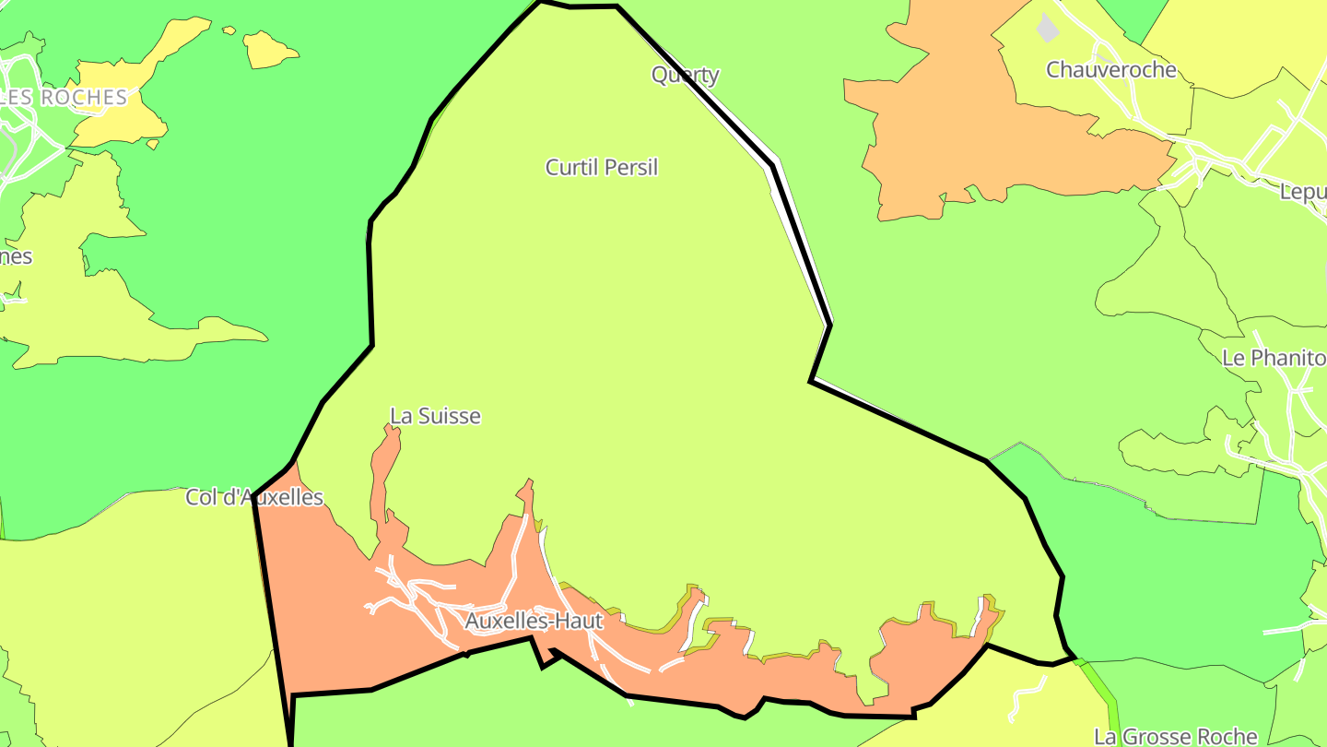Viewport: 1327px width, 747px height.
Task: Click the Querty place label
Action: tap(685, 75)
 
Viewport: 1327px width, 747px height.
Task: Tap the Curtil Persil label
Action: tap(602, 167)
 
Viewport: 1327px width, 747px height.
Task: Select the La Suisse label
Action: tap(435, 416)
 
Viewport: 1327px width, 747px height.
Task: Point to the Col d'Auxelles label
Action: tap(254, 497)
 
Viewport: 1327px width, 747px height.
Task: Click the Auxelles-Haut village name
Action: tap(534, 621)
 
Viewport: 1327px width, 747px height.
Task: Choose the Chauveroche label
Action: tap(1111, 69)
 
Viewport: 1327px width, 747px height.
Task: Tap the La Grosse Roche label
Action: tap(1175, 736)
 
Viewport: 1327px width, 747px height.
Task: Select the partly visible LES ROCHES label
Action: tap(64, 97)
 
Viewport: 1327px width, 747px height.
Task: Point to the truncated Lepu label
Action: tap(1303, 191)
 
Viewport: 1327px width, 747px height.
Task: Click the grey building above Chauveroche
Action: tap(1048, 28)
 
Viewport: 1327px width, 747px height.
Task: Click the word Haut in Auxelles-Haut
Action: tap(579, 621)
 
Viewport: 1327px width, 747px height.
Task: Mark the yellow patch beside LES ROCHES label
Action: tap(120, 115)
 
